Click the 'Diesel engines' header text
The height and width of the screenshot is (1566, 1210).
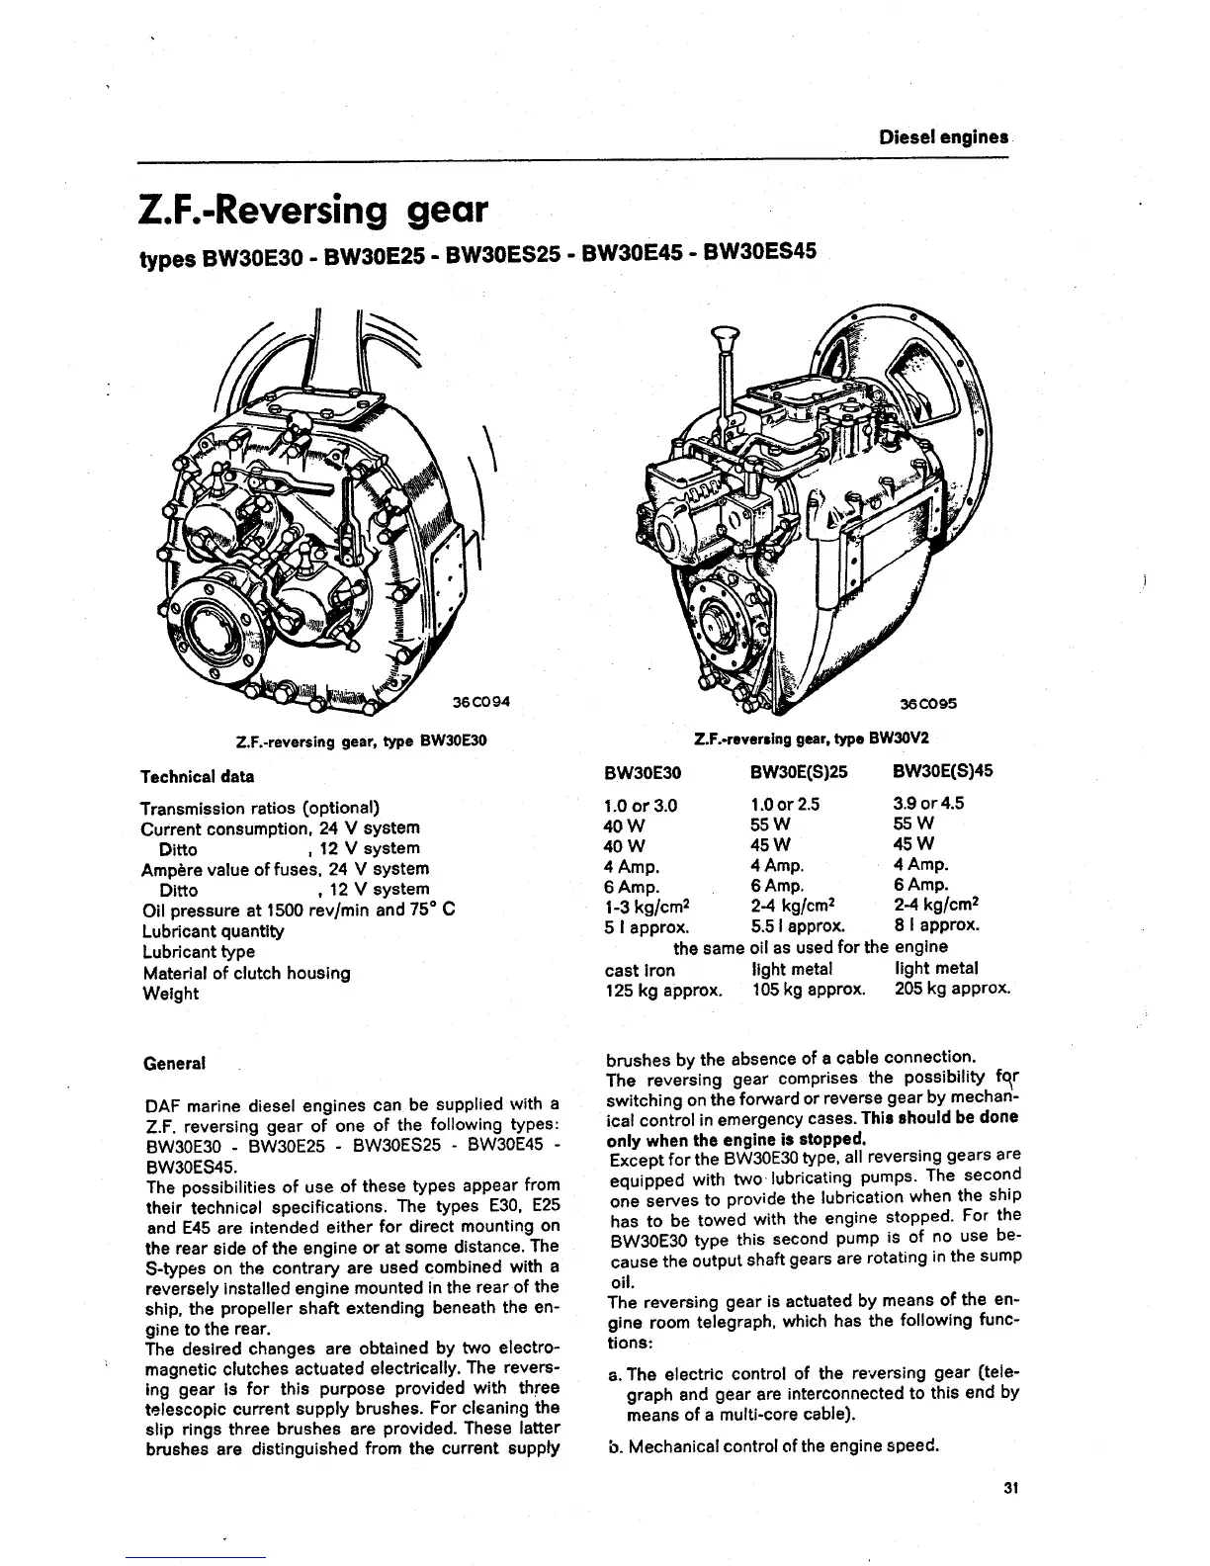click(x=943, y=137)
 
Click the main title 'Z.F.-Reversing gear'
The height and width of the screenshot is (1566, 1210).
click(x=313, y=210)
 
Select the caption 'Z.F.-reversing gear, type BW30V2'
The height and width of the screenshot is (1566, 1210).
click(x=813, y=739)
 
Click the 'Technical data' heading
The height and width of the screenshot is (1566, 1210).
click(x=197, y=776)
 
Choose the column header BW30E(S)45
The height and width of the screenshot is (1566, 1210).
click(x=942, y=771)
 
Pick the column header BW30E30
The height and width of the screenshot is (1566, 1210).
click(x=643, y=772)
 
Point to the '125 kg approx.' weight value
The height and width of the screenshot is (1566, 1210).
click(x=662, y=989)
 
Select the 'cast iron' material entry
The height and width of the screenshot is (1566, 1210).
click(x=639, y=969)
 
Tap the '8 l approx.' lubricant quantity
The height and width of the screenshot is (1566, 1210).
click(x=936, y=926)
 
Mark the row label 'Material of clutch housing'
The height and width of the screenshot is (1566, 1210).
click(x=246, y=973)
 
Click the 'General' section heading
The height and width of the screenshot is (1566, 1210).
click(x=175, y=1064)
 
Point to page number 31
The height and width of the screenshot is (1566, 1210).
click(x=1009, y=1487)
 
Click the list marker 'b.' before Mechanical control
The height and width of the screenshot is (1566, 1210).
click(x=614, y=1446)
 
